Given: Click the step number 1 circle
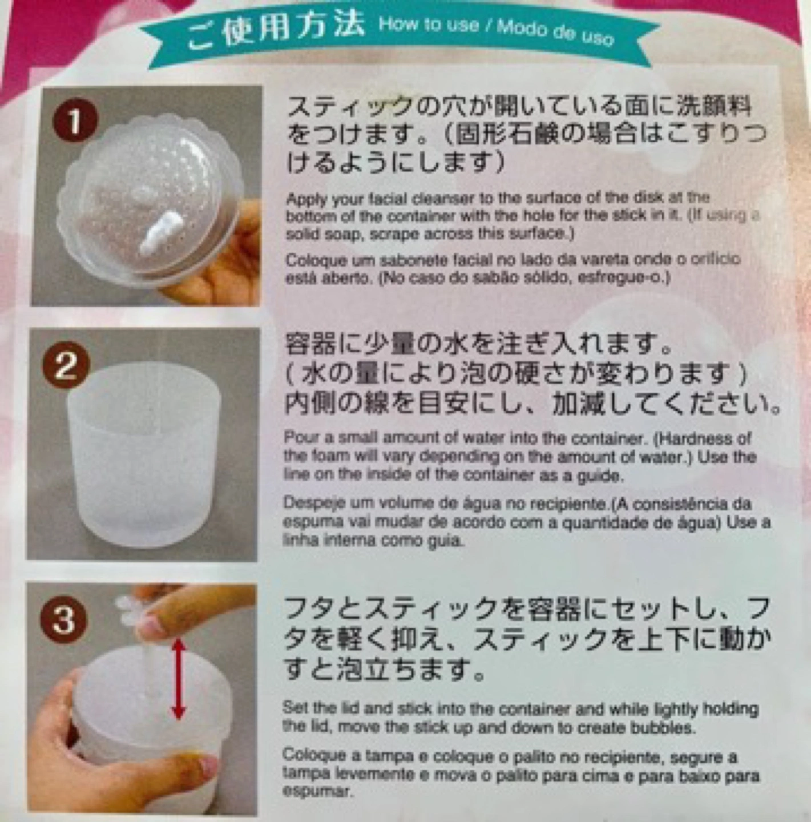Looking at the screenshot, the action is click(75, 124).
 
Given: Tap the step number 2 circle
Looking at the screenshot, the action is click(67, 368).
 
